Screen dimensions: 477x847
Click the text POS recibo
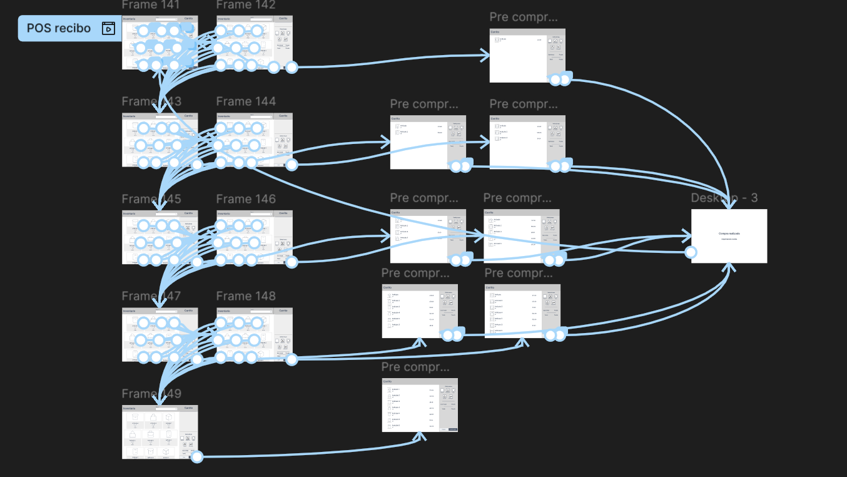(59, 28)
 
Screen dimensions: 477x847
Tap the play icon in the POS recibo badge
(108, 28)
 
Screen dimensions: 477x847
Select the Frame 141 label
(151, 5)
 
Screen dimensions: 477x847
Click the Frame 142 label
(246, 5)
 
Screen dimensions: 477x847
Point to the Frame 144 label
(246, 101)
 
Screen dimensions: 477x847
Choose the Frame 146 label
(246, 199)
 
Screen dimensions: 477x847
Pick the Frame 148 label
(246, 296)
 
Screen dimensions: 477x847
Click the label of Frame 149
(151, 394)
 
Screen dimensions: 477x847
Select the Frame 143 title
(151, 101)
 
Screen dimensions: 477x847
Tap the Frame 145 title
(151, 199)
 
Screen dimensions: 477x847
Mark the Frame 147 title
(151, 296)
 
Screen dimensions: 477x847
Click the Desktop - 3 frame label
(724, 198)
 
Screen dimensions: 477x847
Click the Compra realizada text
(729, 233)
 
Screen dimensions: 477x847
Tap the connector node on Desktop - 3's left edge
(691, 252)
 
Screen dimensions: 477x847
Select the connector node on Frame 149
(197, 457)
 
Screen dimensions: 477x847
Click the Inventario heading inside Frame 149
(129, 408)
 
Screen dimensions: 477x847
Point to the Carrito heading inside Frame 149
(188, 408)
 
